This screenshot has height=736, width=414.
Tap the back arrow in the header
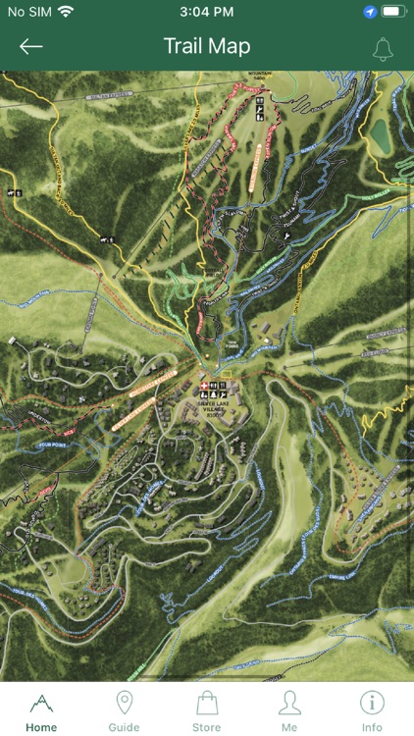[x=31, y=46]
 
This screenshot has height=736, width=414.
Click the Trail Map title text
[x=207, y=46]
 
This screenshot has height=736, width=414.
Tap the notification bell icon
[x=383, y=48]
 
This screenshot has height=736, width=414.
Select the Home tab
[x=41, y=711]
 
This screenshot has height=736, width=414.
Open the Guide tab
[x=124, y=711]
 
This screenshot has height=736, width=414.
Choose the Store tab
[x=206, y=711]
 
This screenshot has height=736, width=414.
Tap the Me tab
[x=289, y=711]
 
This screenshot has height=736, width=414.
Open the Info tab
[x=372, y=711]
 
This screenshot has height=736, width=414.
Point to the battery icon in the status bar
[x=393, y=12]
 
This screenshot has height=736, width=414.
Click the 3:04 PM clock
[x=207, y=12]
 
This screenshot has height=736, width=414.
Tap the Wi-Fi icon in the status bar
[x=66, y=12]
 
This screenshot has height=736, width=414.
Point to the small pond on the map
[x=380, y=135]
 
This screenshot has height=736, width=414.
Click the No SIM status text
[x=28, y=12]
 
